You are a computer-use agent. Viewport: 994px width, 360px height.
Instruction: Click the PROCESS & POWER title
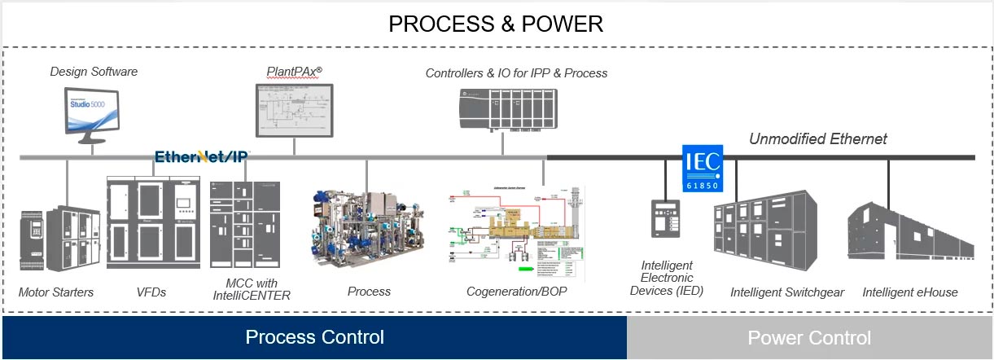pyautogui.click(x=496, y=24)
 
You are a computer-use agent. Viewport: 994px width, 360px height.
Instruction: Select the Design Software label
pyautogui.click(x=94, y=72)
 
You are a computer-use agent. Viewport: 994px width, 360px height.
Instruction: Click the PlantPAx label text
pyautogui.click(x=294, y=72)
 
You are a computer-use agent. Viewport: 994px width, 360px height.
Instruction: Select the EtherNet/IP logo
pyautogui.click(x=202, y=156)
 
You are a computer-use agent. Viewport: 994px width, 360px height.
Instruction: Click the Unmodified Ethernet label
pyautogui.click(x=817, y=139)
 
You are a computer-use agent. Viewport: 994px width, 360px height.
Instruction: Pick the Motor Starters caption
pyautogui.click(x=56, y=292)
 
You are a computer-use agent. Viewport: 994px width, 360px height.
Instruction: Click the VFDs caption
pyautogui.click(x=151, y=292)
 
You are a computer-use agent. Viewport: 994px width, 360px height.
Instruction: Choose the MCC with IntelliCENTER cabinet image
pyautogui.click(x=244, y=225)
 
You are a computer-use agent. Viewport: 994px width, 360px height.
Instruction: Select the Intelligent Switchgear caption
pyautogui.click(x=786, y=292)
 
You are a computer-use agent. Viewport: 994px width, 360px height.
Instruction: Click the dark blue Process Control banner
pyautogui.click(x=314, y=337)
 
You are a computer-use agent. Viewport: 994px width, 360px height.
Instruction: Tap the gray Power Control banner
pyautogui.click(x=808, y=337)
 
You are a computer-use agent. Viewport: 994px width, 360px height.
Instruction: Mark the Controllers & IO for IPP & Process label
pyautogui.click(x=516, y=73)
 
